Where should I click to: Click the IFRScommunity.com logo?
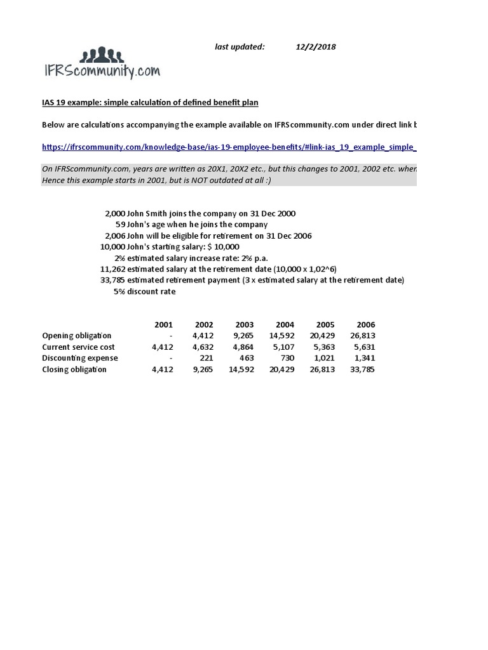coord(101,63)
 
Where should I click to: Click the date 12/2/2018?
coord(316,46)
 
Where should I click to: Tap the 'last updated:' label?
coord(240,46)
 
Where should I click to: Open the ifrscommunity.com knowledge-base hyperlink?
coord(229,147)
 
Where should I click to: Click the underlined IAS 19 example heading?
coord(150,102)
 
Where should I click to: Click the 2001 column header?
coord(163,325)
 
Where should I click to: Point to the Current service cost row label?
coord(78,347)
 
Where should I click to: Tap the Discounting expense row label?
coord(79,358)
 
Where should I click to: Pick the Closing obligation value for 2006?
coord(362,369)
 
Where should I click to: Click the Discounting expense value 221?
coord(206,358)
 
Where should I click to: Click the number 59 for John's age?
coord(120,224)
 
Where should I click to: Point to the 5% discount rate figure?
coord(119,291)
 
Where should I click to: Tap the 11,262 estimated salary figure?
coord(112,269)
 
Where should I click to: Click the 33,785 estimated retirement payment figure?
coord(112,280)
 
